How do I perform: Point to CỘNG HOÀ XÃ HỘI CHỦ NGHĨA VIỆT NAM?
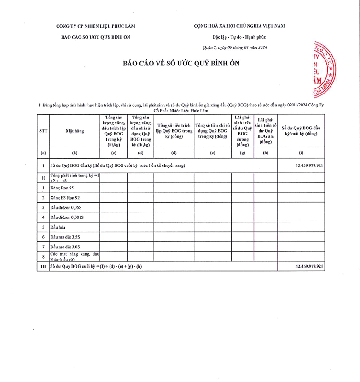239,26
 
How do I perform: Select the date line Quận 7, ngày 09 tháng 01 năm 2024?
235,47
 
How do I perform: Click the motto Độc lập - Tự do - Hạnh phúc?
239,37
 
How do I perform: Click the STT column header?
43,131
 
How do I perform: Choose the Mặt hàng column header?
75,131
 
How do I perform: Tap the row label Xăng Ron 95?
62,188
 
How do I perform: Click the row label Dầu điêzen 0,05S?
67,208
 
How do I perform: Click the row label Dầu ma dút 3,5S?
66,237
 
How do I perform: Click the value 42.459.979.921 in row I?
309,165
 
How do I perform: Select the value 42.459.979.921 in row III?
309,267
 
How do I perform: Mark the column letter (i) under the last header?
301,153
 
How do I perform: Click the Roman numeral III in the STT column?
43,267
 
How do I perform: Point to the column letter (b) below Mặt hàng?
75,153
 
